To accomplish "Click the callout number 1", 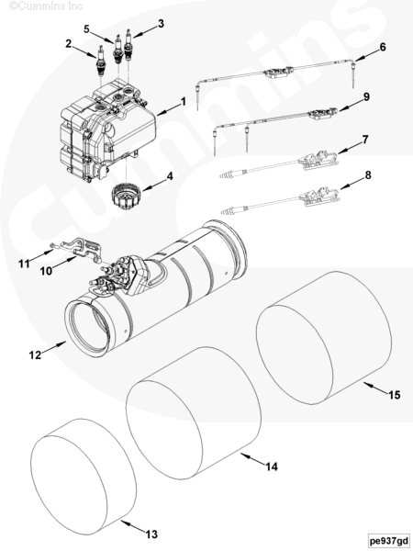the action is [x=183, y=102].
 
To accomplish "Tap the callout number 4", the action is [x=170, y=176].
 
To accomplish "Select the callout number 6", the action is [x=383, y=47].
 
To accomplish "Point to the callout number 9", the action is [x=366, y=97].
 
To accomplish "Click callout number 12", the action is [x=35, y=354].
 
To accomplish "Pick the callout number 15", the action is [x=395, y=395].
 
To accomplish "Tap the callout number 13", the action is [x=151, y=534].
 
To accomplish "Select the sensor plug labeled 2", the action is [x=101, y=62].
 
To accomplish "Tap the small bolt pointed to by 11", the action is [x=52, y=246].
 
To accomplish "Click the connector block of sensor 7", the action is [x=318, y=159].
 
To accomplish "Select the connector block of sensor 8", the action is [x=318, y=197].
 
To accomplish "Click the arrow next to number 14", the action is [x=251, y=459].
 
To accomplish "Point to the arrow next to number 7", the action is [x=349, y=148].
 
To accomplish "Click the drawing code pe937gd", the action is [x=389, y=541].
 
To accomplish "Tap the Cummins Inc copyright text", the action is [x=46, y=6].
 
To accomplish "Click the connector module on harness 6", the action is [x=278, y=72].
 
